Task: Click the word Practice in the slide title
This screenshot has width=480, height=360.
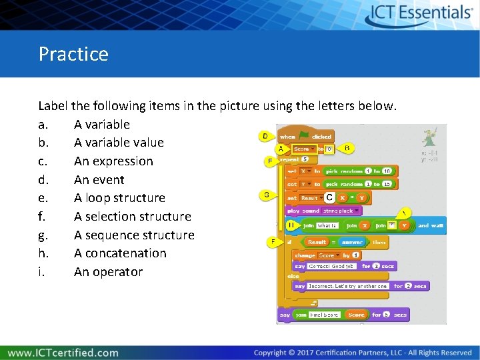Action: click(73, 53)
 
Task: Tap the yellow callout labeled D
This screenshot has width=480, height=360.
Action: click(265, 137)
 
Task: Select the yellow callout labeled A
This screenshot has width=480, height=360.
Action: click(281, 149)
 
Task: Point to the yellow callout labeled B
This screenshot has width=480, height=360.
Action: click(347, 148)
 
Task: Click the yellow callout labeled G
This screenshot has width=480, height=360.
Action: click(266, 195)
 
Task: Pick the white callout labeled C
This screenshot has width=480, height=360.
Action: click(329, 198)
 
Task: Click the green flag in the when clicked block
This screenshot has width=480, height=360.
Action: click(304, 136)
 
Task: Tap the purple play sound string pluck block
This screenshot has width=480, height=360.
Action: click(323, 211)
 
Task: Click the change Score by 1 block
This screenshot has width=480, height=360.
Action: click(327, 255)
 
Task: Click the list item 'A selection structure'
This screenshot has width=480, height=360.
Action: click(132, 217)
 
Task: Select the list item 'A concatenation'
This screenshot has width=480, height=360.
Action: click(120, 253)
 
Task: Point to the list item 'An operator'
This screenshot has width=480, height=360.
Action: click(108, 272)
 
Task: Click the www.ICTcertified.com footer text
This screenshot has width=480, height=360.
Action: click(63, 353)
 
